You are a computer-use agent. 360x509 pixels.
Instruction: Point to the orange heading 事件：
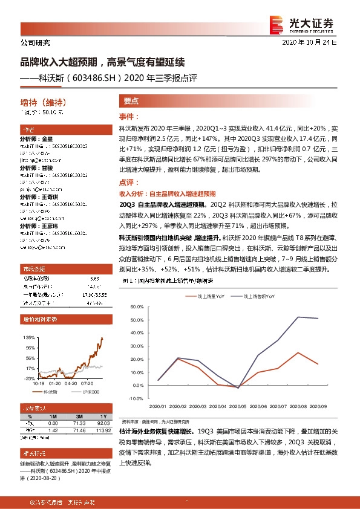(x=128, y=116)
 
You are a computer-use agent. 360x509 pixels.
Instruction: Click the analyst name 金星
(x=48, y=139)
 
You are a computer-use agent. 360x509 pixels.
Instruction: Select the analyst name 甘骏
(x=48, y=167)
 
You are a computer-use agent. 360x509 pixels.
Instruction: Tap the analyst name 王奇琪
(x=50, y=196)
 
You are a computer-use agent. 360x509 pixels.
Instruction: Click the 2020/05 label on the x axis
(x=239, y=407)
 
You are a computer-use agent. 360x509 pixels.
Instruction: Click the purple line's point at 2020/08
(x=297, y=317)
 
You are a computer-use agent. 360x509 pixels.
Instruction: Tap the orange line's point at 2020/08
(x=297, y=352)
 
